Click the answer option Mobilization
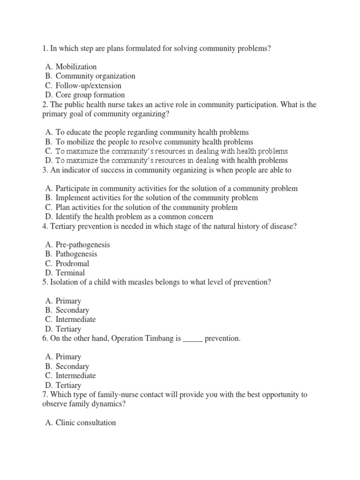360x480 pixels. [x=76, y=67]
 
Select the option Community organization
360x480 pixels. [x=95, y=76]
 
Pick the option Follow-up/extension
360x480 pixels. [x=88, y=85]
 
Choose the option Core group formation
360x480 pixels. [x=90, y=95]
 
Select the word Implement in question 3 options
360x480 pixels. [x=73, y=198]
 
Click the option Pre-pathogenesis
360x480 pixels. [x=82, y=245]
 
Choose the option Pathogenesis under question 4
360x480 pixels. [x=76, y=254]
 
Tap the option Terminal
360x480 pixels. [x=70, y=273]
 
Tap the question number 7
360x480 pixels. [x=44, y=395]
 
